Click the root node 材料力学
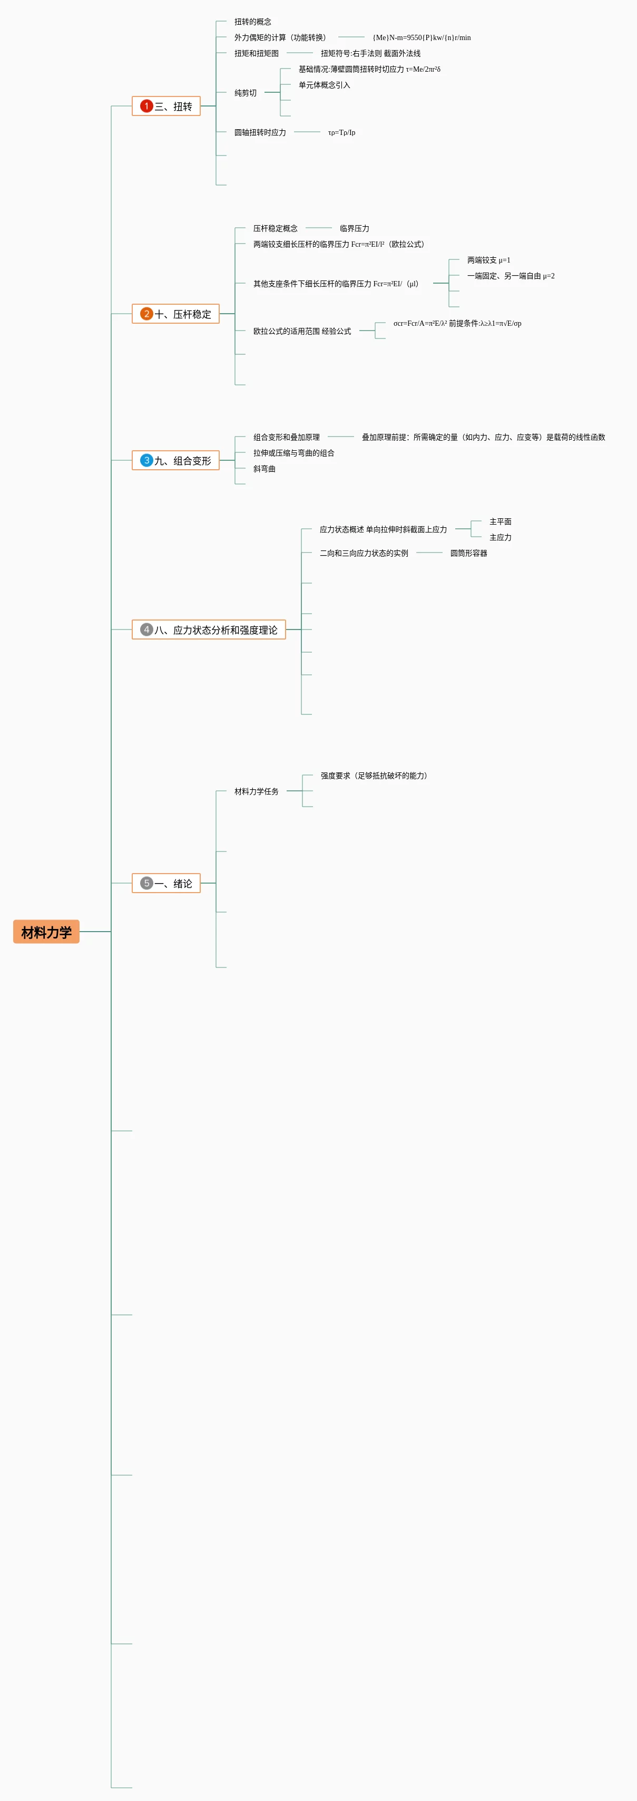point(46,931)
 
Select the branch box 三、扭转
point(166,106)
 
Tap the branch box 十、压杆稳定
point(175,314)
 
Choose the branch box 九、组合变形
point(175,460)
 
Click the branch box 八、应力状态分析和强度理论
point(209,629)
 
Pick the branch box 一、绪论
point(166,883)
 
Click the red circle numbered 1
point(146,106)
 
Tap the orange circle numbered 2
point(146,314)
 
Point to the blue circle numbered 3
point(146,460)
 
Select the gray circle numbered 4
point(146,629)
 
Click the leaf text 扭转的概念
point(253,22)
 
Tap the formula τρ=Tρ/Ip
point(341,132)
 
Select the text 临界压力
point(354,228)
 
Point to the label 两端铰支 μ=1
point(489,260)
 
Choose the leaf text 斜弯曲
point(264,468)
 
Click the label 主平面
point(500,521)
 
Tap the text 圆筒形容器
point(469,553)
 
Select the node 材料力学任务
point(257,791)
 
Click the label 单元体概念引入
point(324,84)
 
